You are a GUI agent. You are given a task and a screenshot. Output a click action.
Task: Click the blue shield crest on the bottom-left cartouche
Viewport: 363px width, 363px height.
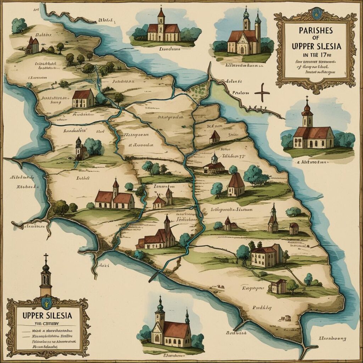coord(46,303)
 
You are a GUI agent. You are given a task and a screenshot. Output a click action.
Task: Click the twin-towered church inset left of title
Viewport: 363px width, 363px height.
coord(245,35)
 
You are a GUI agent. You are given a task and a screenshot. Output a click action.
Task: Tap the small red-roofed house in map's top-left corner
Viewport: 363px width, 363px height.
coord(32,46)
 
